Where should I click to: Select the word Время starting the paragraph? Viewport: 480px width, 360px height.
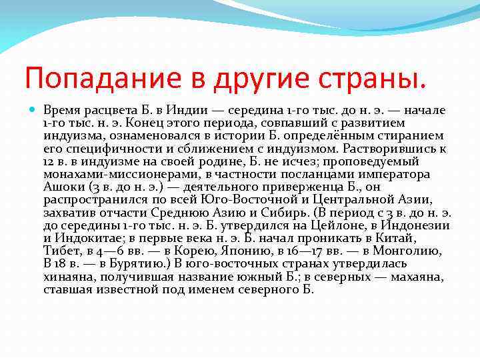(61, 109)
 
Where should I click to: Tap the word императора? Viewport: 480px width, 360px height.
(391, 174)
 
